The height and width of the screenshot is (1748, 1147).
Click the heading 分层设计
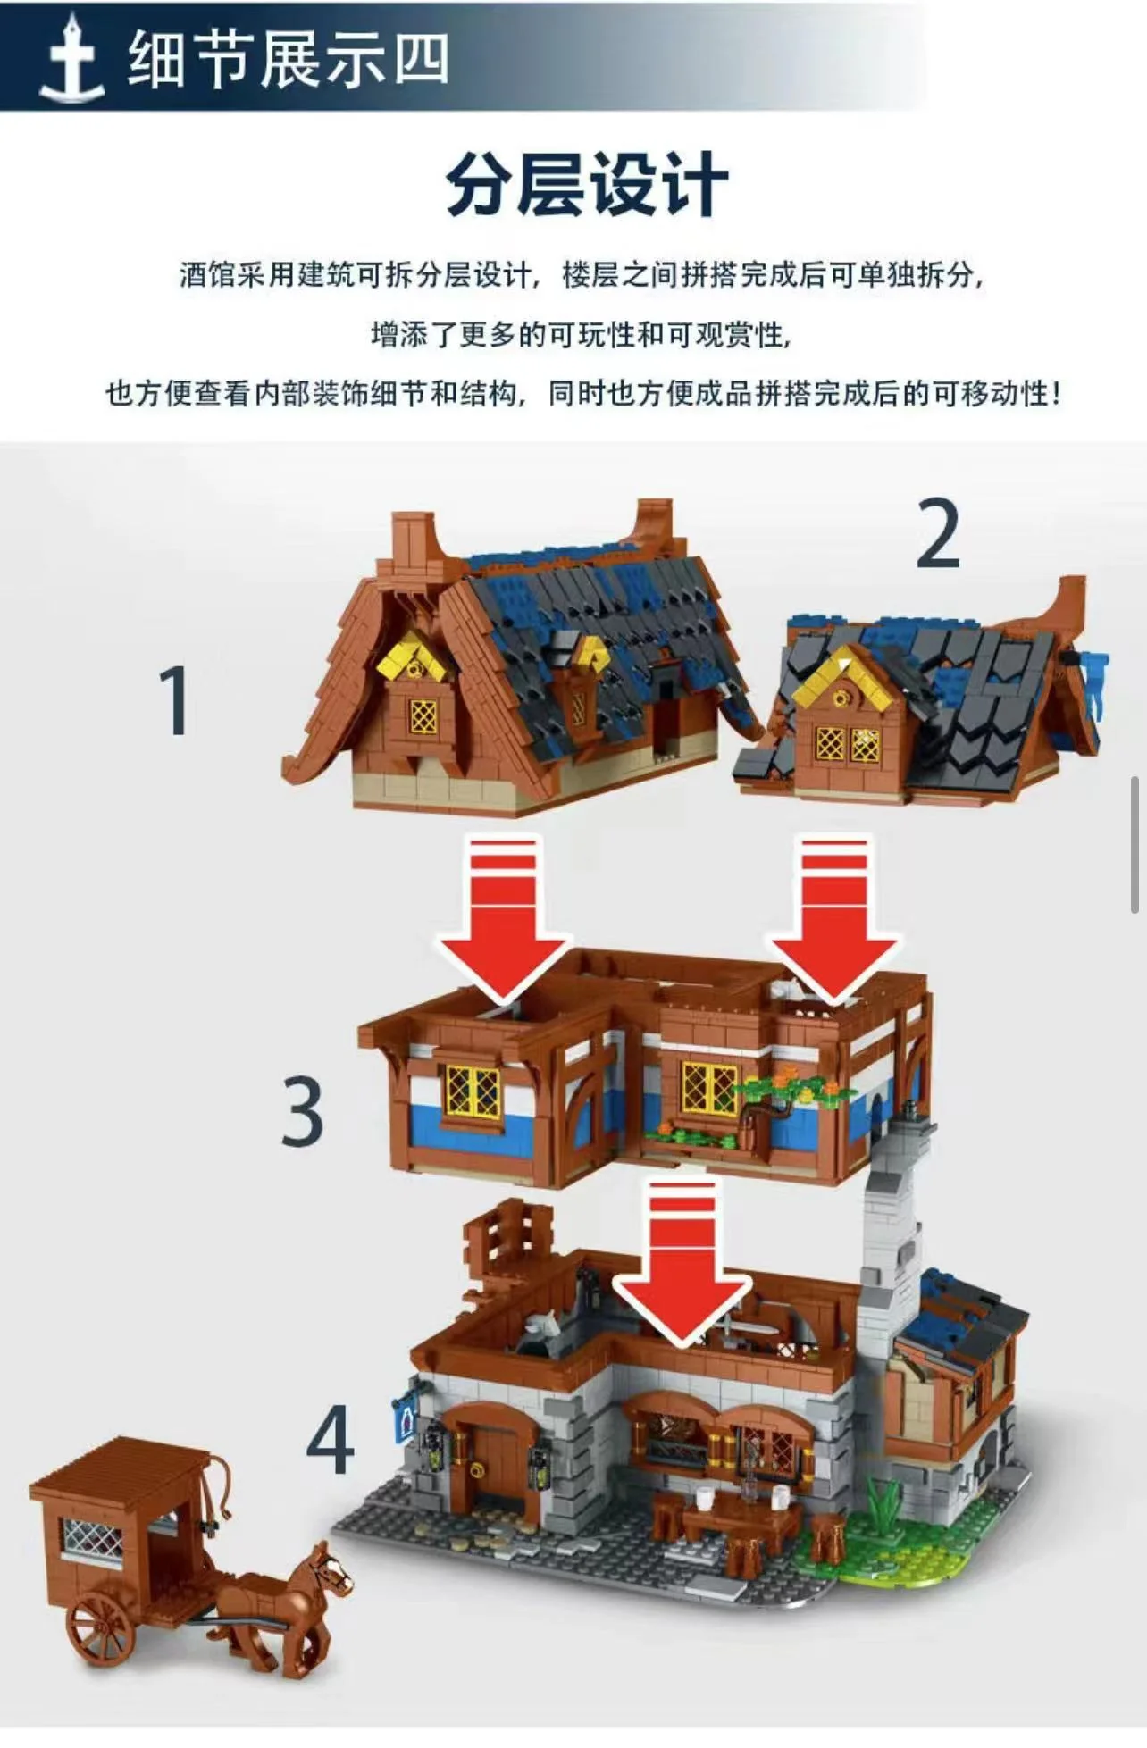[x=587, y=185]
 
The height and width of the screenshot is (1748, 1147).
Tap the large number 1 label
[x=176, y=702]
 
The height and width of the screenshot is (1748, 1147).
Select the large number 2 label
[x=938, y=535]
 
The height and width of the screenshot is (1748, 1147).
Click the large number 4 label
[x=330, y=1440]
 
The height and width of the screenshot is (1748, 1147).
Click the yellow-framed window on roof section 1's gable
[x=423, y=715]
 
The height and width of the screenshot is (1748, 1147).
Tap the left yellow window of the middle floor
[x=472, y=1090]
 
